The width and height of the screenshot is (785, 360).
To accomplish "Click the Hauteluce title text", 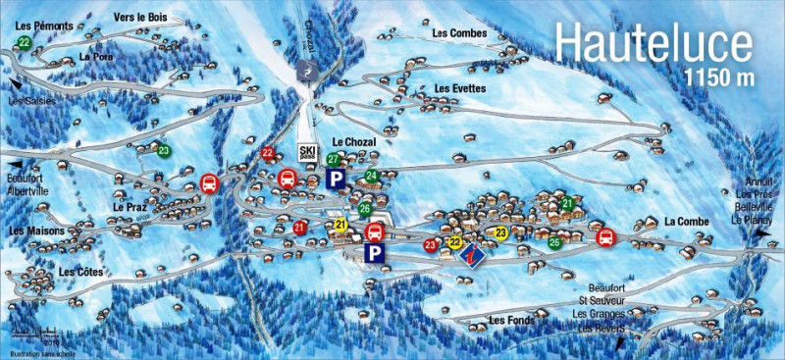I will [654, 44].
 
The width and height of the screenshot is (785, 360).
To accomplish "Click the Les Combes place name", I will [457, 33].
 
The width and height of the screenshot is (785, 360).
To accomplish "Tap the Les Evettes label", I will [459, 88].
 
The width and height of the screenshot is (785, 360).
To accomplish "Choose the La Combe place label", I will [686, 222].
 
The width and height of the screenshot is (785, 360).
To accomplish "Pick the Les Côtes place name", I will [80, 271].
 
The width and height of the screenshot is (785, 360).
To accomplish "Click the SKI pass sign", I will [308, 152].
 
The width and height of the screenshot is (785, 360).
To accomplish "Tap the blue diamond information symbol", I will [471, 253].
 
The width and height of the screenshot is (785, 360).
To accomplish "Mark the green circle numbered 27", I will [334, 159].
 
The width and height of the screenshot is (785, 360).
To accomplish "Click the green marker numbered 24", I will [371, 177].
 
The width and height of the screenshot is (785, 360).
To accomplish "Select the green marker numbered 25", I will [555, 242].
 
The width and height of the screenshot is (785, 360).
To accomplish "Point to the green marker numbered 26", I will [364, 208].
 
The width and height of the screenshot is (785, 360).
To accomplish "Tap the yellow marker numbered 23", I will [501, 232].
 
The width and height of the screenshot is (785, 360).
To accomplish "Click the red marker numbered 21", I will [300, 228].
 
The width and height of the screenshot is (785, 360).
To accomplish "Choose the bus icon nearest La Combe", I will [605, 236].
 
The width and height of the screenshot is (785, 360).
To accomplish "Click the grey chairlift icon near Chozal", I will [306, 72].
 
